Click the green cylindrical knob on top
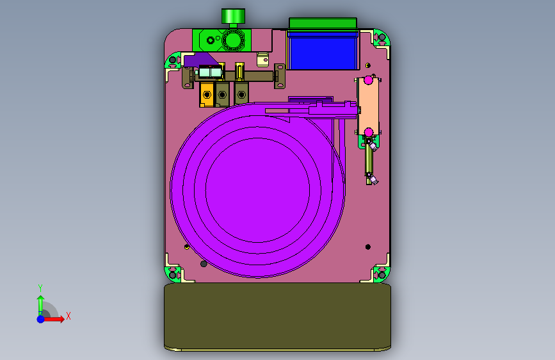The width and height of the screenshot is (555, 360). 233,16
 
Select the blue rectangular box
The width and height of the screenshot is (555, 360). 322,53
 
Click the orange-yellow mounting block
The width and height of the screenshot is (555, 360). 207,94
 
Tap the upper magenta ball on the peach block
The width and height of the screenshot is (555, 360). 369,79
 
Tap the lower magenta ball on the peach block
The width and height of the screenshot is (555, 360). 369,132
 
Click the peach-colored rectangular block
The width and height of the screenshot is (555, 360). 368,106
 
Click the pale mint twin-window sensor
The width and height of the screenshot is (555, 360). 210,72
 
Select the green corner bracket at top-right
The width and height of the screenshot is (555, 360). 382,38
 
